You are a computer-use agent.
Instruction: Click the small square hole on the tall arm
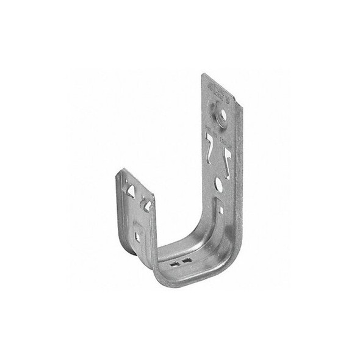click(221, 211)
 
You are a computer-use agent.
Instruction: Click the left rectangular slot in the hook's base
click(176, 264)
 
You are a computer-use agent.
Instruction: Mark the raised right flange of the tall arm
click(235, 159)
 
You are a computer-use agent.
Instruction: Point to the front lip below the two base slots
click(183, 275)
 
